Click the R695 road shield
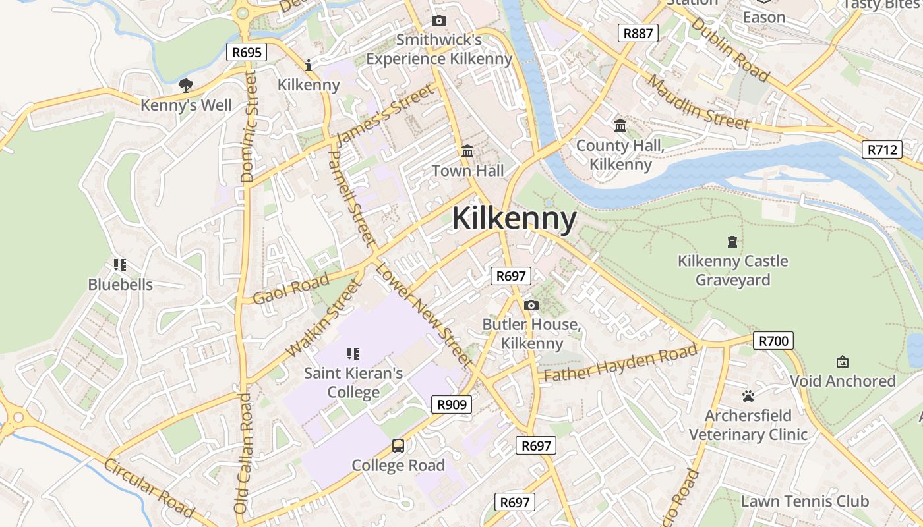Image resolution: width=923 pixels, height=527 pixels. click(247, 53)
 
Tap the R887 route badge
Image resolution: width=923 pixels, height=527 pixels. click(638, 33)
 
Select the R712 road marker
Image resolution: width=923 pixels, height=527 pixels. click(882, 150)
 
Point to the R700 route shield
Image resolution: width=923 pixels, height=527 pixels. click(773, 341)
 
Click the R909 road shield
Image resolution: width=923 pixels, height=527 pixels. click(452, 404)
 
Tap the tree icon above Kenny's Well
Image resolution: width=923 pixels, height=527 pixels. click(186, 85)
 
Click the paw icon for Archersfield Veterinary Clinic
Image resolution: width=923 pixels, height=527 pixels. click(748, 396)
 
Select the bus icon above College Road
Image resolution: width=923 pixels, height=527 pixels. click(398, 446)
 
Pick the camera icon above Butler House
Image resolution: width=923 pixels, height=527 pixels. click(531, 305)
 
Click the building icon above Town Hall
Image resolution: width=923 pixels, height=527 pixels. click(467, 152)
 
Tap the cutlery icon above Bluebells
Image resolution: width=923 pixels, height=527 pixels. click(120, 265)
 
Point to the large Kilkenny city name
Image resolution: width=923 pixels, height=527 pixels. click(514, 219)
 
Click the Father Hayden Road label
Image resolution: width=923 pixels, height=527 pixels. click(620, 364)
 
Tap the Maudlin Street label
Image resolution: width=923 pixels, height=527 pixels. click(698, 102)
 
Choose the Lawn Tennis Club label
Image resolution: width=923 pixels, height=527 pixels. click(805, 501)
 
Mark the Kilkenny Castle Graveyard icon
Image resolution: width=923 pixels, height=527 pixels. click(732, 242)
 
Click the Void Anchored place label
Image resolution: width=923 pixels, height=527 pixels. click(843, 381)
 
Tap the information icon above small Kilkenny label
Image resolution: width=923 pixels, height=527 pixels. click(309, 65)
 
